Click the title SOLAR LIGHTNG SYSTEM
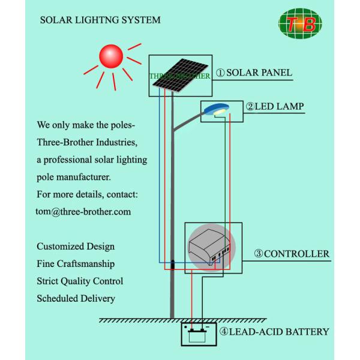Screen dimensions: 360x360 [x=100, y=20]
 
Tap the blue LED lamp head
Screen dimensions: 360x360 [x=215, y=109]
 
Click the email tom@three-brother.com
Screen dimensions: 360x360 [x=83, y=212]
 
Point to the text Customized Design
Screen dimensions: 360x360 [x=76, y=247]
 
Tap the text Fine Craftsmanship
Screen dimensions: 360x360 [x=76, y=264]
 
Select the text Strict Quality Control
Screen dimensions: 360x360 [x=80, y=281]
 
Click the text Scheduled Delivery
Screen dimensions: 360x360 [x=76, y=298]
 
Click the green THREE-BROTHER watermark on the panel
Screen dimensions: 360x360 [x=179, y=77]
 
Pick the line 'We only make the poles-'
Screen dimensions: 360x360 [x=86, y=126]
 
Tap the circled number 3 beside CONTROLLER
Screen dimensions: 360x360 [x=259, y=254]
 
